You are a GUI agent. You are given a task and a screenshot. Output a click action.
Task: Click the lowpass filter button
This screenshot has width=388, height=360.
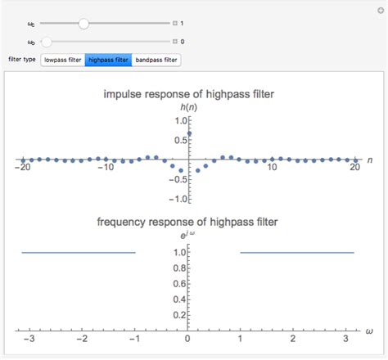(x=63, y=60)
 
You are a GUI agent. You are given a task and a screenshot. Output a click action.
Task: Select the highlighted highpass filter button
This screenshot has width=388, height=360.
(x=108, y=60)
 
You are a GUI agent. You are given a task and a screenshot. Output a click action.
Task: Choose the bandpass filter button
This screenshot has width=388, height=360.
(x=156, y=60)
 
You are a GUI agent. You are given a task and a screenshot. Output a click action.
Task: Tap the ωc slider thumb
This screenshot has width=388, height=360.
(x=83, y=24)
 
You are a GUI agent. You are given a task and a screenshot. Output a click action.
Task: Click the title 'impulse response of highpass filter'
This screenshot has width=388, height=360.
(x=188, y=94)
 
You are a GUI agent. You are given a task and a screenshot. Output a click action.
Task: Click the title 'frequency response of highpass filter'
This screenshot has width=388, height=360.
(x=188, y=222)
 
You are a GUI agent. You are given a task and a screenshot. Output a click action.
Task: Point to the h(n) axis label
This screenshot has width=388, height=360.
(x=189, y=107)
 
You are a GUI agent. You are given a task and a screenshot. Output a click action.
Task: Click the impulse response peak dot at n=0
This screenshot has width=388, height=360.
(x=189, y=133)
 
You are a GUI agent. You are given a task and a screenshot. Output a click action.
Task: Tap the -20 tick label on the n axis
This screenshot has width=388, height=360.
(x=22, y=168)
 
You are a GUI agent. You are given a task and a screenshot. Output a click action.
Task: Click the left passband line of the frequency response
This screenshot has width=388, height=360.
(x=78, y=253)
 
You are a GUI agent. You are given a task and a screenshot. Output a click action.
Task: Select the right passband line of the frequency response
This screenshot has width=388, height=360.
(x=296, y=253)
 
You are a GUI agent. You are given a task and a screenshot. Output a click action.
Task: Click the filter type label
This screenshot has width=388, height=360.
(x=21, y=60)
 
